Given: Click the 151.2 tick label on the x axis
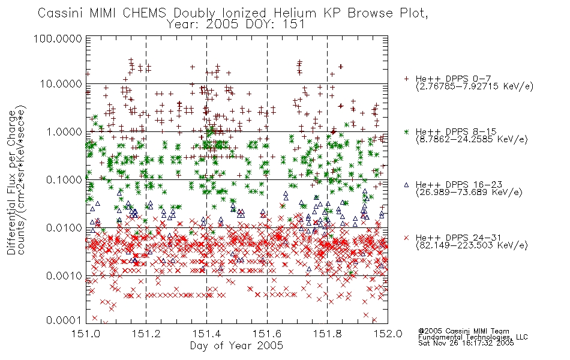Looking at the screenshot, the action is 146,334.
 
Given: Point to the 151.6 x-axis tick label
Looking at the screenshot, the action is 267,334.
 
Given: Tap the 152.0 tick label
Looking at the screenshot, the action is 388,334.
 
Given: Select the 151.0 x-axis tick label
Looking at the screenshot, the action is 86,334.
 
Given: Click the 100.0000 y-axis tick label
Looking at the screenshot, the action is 58,38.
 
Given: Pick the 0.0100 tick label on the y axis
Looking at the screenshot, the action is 64,228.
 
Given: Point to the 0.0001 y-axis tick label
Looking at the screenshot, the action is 64,320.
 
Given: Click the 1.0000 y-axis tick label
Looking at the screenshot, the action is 64,131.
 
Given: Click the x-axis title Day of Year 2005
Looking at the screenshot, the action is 236,346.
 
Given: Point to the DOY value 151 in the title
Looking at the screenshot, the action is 294,25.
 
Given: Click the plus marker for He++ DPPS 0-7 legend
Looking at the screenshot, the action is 406,79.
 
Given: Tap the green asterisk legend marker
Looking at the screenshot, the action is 406,131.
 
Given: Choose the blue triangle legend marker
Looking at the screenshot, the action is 406,185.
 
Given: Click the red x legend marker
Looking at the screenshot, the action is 406,238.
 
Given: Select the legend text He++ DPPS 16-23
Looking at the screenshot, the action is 459,184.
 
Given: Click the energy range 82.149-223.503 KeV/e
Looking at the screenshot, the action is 472,245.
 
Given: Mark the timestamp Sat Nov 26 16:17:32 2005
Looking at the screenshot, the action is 466,343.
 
